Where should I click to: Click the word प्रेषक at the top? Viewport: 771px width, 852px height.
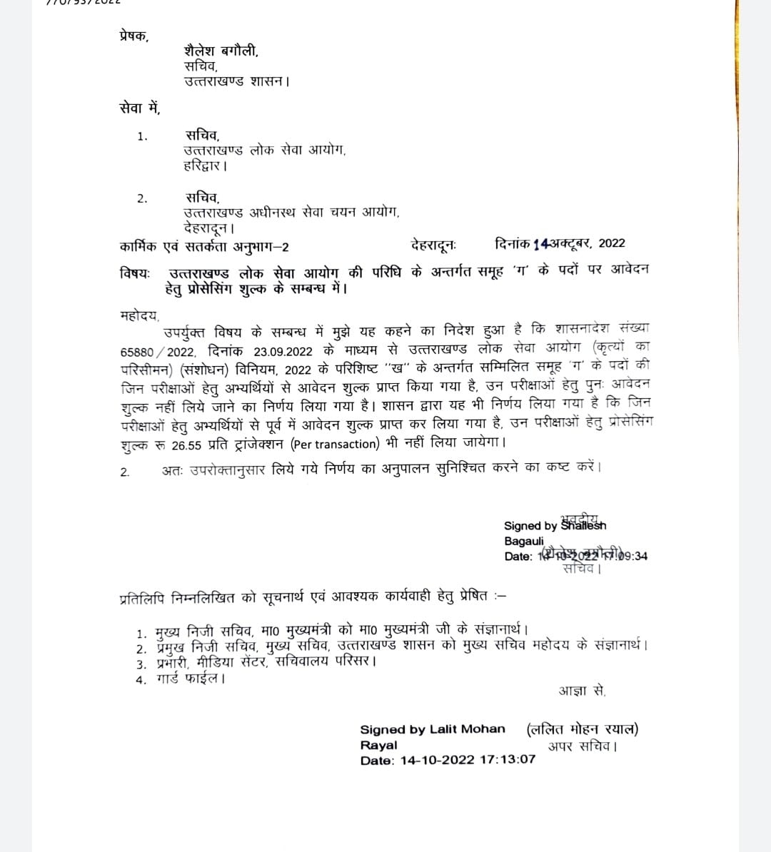pyautogui.click(x=133, y=36)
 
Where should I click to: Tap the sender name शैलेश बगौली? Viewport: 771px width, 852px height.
pyautogui.click(x=221, y=51)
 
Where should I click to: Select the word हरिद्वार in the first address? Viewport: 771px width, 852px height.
pyautogui.click(x=205, y=166)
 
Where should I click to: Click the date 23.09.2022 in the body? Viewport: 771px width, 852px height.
pyautogui.click(x=283, y=352)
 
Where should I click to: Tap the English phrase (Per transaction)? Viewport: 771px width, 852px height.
pyautogui.click(x=335, y=444)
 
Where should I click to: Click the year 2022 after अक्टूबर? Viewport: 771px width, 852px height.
pyautogui.click(x=611, y=243)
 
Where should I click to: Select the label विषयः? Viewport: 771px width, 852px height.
pyautogui.click(x=135, y=273)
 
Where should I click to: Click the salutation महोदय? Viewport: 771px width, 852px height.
pyautogui.click(x=140, y=315)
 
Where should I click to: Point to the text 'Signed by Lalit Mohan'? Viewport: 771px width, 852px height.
pyautogui.click(x=432, y=729)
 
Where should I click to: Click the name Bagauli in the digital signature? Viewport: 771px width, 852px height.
pyautogui.click(x=523, y=541)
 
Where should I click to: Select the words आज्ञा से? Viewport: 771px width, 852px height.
pyautogui.click(x=582, y=691)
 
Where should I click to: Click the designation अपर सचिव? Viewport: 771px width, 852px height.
pyautogui.click(x=583, y=746)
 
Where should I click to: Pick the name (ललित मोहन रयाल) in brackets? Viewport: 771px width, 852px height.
pyautogui.click(x=582, y=729)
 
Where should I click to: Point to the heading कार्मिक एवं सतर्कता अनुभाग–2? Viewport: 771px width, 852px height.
pyautogui.click(x=204, y=248)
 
